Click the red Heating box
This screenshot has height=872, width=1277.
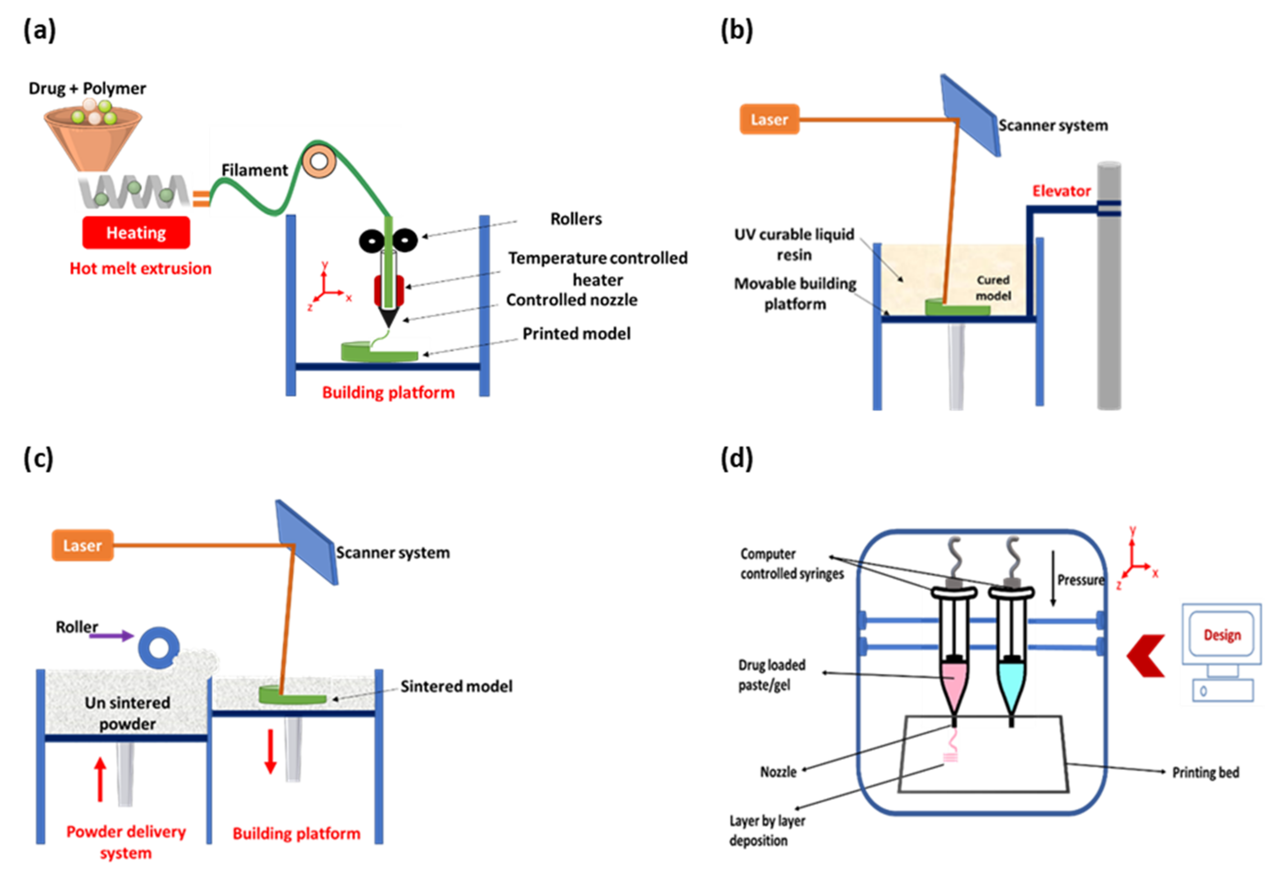coord(136,233)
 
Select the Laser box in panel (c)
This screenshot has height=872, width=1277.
coord(82,545)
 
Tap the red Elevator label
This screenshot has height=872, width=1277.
coord(1061,191)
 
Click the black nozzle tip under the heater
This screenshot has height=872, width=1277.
coord(388,317)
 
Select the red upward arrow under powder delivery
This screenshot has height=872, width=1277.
coord(100,779)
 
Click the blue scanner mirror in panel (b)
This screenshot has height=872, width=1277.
coord(970,115)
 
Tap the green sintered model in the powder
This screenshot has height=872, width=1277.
coord(291,696)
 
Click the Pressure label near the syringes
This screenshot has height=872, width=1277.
coord(1080,580)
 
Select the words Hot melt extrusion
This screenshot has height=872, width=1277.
coord(140,268)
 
